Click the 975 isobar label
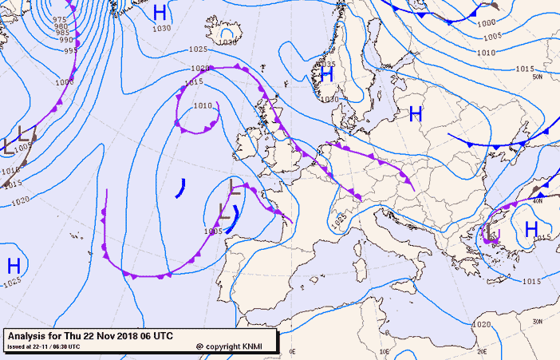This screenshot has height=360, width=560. (x=60, y=19)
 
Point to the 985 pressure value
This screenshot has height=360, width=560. (x=62, y=33)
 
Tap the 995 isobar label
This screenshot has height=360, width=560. (x=69, y=49)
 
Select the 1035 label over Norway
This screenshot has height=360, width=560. (x=326, y=64)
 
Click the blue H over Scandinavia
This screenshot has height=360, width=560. (x=326, y=74)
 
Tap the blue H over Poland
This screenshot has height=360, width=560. (x=415, y=114)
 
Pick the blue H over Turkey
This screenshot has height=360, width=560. (x=531, y=229)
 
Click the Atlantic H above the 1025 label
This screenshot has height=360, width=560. (x=14, y=266)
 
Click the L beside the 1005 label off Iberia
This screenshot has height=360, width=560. (x=226, y=215)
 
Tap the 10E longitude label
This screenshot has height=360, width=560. (x=385, y=350)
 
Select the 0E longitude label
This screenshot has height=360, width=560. (x=292, y=350)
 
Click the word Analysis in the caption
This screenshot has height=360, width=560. (x=29, y=336)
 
